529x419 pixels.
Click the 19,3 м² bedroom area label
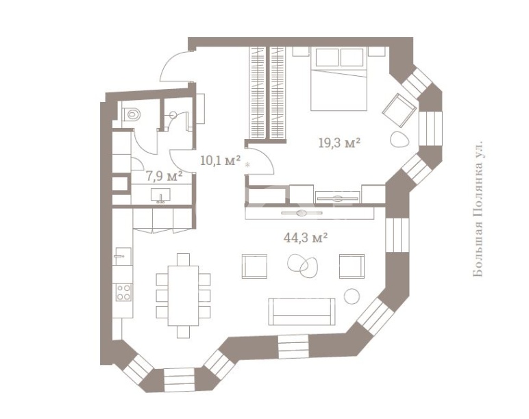(339, 144)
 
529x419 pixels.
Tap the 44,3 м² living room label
(306, 238)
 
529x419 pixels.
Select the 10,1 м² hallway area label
(221, 161)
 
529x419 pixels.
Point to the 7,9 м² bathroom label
(164, 176)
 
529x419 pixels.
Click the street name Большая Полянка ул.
(478, 209)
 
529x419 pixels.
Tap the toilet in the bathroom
(132, 114)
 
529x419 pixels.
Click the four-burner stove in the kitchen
(123, 292)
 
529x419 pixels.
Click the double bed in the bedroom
(339, 79)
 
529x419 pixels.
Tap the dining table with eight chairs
(183, 295)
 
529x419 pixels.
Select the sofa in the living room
(302, 312)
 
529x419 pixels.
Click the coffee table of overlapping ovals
(303, 265)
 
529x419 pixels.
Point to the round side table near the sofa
(352, 296)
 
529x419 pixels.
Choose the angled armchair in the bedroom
(399, 110)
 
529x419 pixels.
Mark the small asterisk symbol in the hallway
(248, 165)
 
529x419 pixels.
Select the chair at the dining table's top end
(183, 259)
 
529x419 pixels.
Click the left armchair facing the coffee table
(254, 266)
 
